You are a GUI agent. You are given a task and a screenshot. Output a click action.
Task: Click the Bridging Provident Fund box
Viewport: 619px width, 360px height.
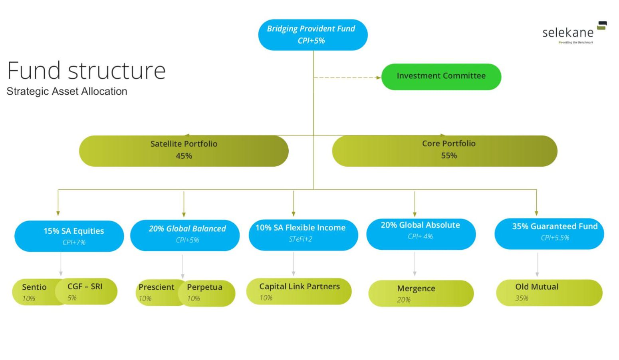click(x=313, y=35)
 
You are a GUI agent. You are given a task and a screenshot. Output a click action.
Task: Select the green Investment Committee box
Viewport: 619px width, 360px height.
click(x=441, y=76)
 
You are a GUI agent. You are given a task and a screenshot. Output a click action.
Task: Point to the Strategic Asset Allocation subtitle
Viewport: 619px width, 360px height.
click(x=67, y=91)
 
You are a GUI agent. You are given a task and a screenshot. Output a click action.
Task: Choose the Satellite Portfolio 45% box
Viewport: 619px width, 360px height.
click(x=184, y=151)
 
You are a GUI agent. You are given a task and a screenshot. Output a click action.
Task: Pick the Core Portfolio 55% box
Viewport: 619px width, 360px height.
click(x=444, y=151)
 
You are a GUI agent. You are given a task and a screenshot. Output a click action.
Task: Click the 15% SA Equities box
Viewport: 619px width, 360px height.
click(x=69, y=236)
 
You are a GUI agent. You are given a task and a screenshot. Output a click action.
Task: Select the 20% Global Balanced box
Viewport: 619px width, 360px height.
click(x=185, y=235)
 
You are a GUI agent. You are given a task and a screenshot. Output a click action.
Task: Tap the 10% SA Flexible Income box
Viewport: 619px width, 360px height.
click(x=303, y=235)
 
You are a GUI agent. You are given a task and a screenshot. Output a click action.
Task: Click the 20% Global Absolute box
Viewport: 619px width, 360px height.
click(x=421, y=234)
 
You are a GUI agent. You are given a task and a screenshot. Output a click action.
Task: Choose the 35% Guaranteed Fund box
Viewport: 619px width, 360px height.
click(x=549, y=233)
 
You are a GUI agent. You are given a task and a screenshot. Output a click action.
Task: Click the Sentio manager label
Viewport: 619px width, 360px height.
click(x=34, y=292)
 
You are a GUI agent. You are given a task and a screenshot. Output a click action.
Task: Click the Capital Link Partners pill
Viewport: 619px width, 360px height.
click(x=299, y=291)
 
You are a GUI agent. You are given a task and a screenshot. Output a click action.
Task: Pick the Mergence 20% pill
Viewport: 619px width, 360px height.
click(x=421, y=293)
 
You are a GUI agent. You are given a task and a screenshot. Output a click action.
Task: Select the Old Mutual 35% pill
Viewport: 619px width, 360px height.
click(x=549, y=292)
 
